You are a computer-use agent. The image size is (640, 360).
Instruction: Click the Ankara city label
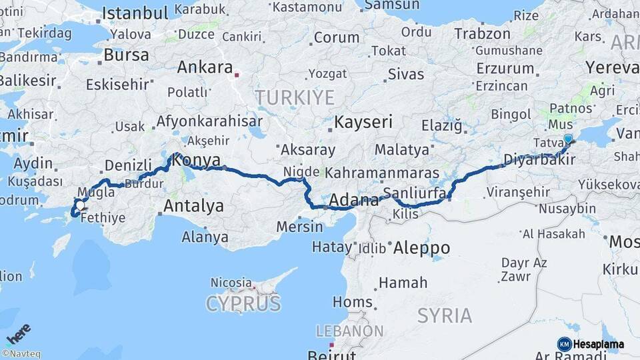click(205, 67)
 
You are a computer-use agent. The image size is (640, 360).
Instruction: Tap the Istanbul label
click(135, 13)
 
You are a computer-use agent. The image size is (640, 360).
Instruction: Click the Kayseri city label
click(363, 123)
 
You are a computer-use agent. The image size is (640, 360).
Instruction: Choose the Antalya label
click(193, 205)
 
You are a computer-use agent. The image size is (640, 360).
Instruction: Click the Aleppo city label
click(421, 248)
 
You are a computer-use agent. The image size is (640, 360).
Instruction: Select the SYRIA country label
click(445, 315)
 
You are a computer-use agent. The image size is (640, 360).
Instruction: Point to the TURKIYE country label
click(294, 98)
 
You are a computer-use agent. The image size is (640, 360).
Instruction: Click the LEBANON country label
click(349, 331)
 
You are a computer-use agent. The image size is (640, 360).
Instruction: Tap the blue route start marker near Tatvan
click(568, 139)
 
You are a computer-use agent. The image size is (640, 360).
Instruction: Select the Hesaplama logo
click(591, 344)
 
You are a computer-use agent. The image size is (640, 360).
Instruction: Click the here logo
click(19, 334)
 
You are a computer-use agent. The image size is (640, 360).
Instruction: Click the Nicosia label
click(231, 283)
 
